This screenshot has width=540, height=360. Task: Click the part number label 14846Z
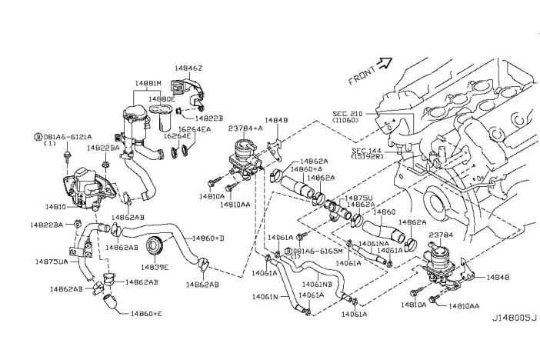pos(188,68)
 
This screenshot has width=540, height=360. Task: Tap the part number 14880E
pos(162,99)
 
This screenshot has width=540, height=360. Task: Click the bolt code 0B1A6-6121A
pos(64,135)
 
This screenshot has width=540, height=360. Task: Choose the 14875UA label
pos(52,262)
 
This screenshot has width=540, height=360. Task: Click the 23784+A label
pos(246,129)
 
